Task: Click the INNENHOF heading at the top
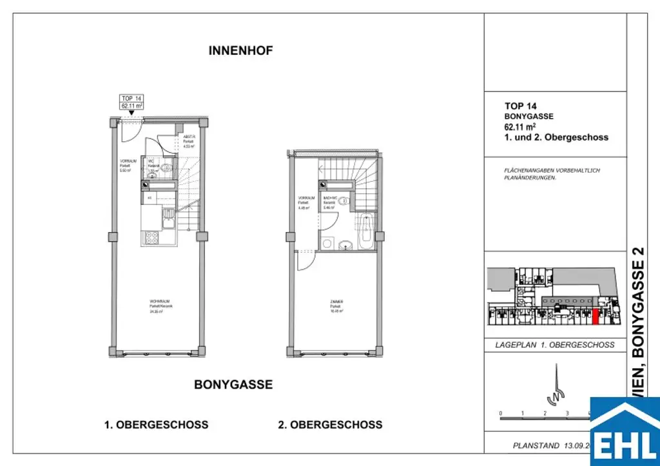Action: pyautogui.click(x=241, y=52)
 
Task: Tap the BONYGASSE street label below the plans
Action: pyautogui.click(x=233, y=385)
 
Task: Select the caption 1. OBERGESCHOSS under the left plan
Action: pyautogui.click(x=156, y=425)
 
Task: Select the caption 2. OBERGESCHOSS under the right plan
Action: pyautogui.click(x=330, y=425)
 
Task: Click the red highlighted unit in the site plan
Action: pyautogui.click(x=595, y=316)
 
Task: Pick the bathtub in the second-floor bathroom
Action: pyautogui.click(x=366, y=230)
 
